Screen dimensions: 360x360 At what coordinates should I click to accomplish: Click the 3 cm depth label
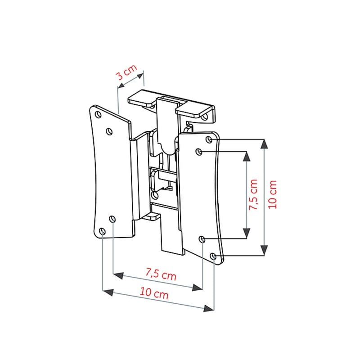[x=126, y=72]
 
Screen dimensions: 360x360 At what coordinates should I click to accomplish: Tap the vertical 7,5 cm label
[x=254, y=195]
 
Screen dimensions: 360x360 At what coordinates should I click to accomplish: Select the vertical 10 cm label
[x=273, y=195]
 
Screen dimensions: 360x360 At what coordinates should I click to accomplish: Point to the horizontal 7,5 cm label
[x=161, y=274]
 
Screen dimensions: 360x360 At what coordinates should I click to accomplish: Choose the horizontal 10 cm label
[x=154, y=293]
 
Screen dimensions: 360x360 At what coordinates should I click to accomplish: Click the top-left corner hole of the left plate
[x=98, y=114]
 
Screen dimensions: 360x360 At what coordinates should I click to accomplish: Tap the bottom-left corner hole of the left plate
[x=103, y=231]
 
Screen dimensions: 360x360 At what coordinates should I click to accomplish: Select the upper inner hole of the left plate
[x=109, y=131]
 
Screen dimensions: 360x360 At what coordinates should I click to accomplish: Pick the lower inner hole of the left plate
[x=112, y=219]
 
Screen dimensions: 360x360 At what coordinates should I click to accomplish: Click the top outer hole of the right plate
[x=209, y=139]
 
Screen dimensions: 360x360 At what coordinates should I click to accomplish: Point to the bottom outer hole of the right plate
[x=213, y=256]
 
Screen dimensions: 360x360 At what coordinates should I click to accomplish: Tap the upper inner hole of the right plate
[x=199, y=152]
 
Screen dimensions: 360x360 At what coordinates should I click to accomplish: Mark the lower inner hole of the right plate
[x=202, y=239]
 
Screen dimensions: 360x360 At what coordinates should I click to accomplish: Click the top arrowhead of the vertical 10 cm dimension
[x=264, y=144]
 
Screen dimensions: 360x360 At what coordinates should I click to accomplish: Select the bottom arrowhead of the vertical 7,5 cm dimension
[x=247, y=234]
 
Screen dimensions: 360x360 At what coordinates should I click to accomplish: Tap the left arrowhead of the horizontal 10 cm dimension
[x=108, y=292]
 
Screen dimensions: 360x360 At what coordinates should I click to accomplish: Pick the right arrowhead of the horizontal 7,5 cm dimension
[x=198, y=288]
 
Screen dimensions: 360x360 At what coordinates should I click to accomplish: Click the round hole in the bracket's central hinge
[x=155, y=195]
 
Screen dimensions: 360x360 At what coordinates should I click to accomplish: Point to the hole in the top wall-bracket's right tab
[x=204, y=117]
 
